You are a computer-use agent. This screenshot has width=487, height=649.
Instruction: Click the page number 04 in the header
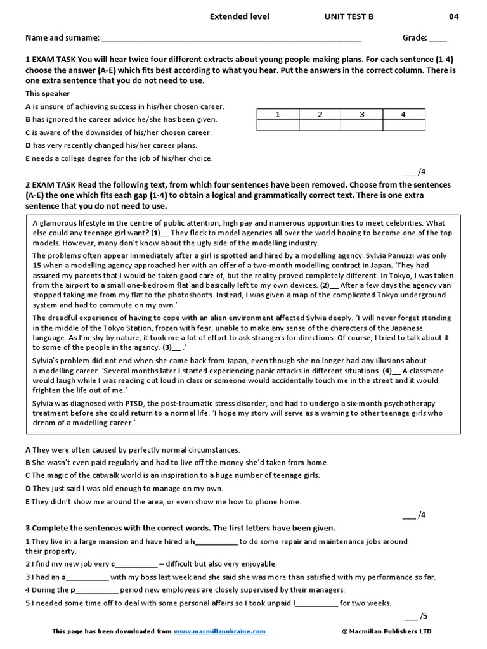[454, 16]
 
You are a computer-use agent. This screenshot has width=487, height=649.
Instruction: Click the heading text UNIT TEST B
[349, 16]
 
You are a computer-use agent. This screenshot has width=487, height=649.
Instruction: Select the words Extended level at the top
[240, 16]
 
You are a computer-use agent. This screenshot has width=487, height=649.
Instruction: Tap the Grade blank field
[438, 38]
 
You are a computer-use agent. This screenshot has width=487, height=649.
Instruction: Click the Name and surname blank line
[231, 38]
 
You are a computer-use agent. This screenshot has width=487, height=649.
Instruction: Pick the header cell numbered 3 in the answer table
[361, 114]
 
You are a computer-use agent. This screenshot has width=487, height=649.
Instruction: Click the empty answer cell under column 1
[278, 125]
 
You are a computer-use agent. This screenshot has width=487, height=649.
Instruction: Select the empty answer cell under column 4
[403, 125]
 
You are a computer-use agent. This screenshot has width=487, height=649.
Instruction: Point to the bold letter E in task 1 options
[28, 158]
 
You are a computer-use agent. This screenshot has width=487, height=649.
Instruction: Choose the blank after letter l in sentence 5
[317, 603]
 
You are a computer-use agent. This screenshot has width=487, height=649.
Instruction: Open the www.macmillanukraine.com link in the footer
[219, 631]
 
